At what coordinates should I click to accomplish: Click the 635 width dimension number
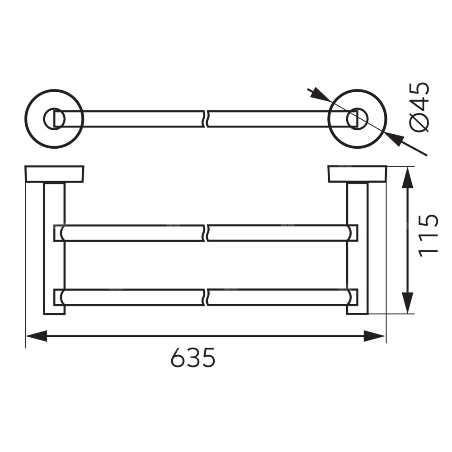[x=193, y=357]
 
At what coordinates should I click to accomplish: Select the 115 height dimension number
[x=428, y=235]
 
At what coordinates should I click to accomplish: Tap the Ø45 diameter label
[x=419, y=107]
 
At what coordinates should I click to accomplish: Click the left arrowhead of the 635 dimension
[x=36, y=336]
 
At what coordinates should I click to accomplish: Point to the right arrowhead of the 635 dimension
[x=374, y=336]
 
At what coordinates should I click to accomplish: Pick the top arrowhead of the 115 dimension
[x=407, y=178]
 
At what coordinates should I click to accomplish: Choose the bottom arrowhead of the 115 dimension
[x=407, y=303]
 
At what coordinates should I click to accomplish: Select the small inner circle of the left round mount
[x=55, y=119]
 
